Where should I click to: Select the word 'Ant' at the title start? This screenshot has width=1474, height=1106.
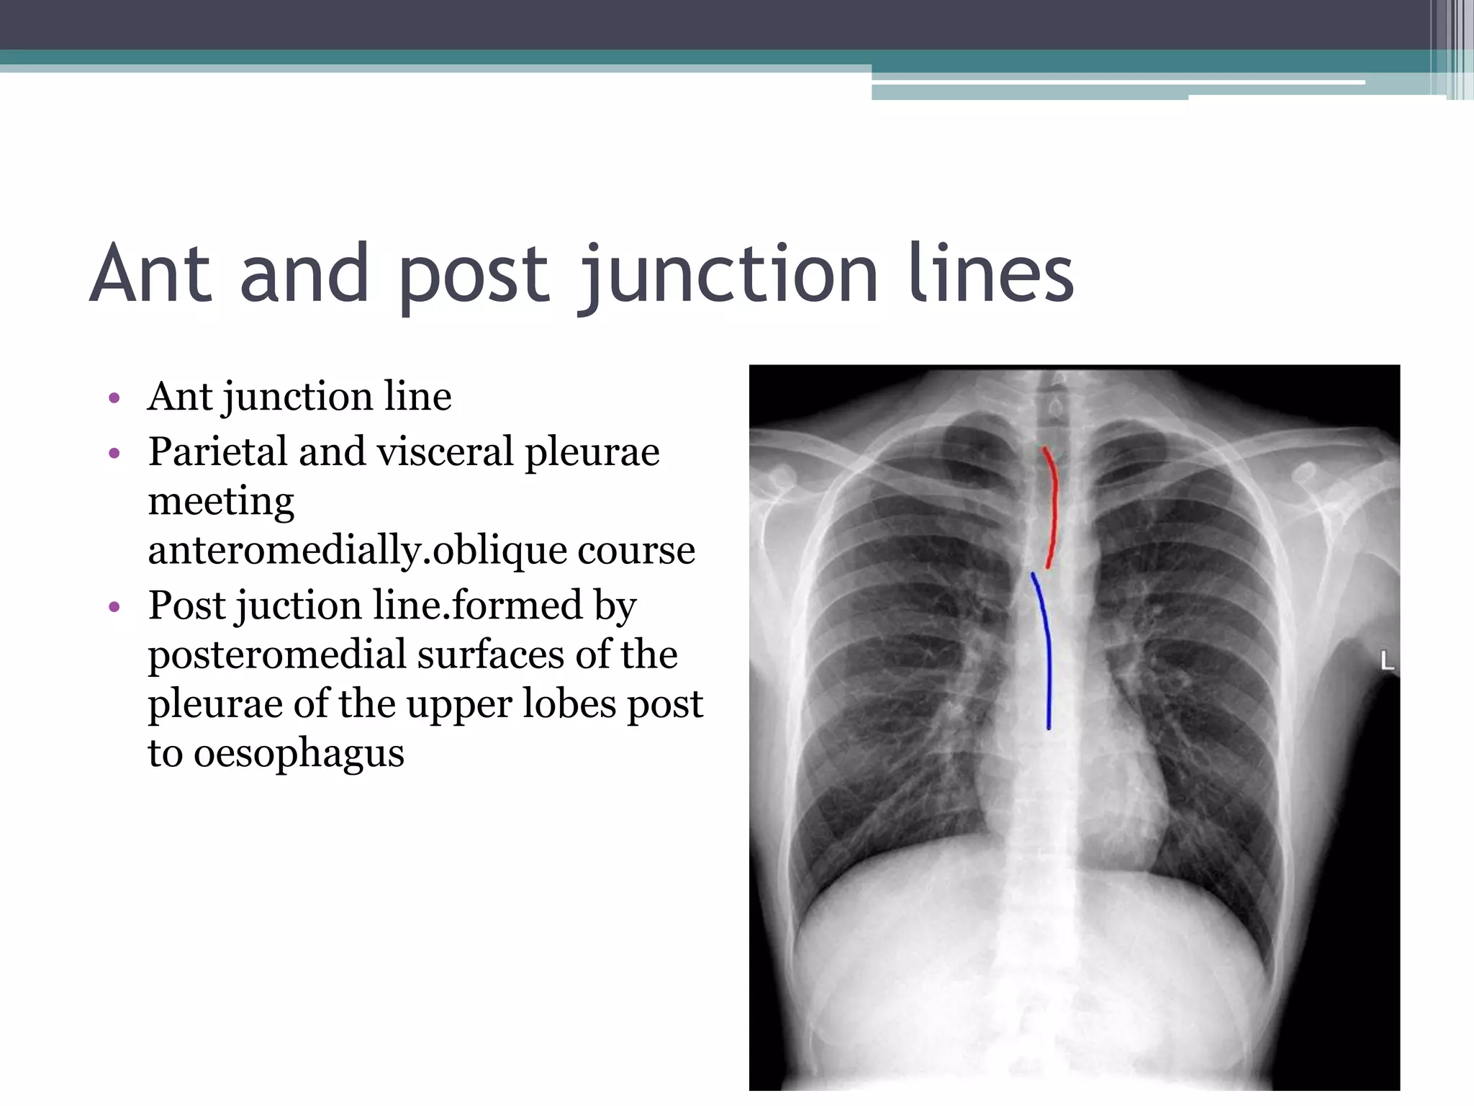(151, 274)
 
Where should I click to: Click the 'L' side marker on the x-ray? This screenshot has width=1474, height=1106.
(1387, 660)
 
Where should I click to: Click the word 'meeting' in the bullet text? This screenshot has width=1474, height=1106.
(221, 502)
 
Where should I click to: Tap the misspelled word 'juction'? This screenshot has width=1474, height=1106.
(299, 606)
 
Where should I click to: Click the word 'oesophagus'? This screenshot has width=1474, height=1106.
(299, 754)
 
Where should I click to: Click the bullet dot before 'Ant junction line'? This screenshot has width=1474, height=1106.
(114, 398)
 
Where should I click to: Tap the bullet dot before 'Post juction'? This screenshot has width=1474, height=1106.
(114, 608)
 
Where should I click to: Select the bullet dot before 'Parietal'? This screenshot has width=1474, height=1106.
(114, 454)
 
